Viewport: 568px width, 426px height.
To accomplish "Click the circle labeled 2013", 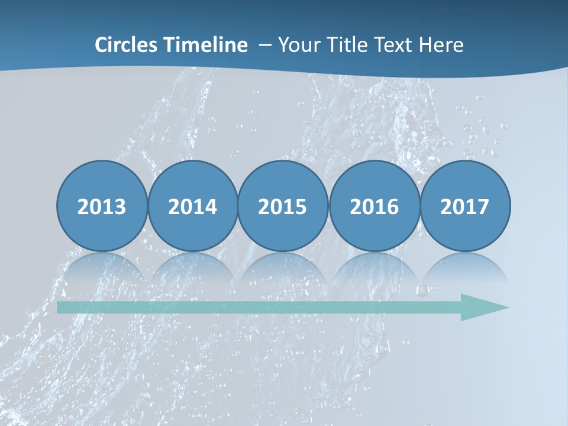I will coord(102,206).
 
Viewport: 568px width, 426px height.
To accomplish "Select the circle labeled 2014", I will coord(193,206).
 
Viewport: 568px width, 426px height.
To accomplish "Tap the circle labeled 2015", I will coord(283,206).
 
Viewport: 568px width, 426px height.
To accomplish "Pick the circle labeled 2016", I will coord(375,206).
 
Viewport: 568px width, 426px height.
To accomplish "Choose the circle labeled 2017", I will coord(465,206).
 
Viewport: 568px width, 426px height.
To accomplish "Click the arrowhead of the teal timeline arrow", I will coord(482,307).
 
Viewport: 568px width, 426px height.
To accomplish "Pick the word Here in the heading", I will coord(441,45).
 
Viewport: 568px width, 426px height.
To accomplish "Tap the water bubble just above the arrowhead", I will coord(422,290).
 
